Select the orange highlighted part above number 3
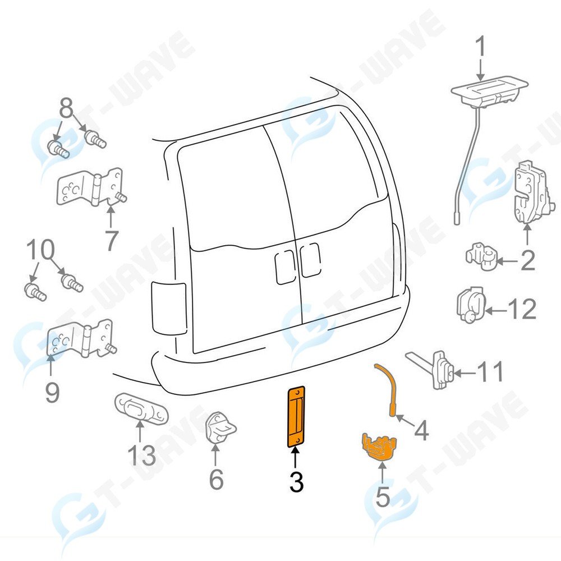pyautogui.click(x=296, y=417)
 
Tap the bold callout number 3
pyautogui.click(x=296, y=482)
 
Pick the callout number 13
pyautogui.click(x=140, y=455)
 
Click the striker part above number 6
pyautogui.click(x=219, y=429)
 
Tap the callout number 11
pyautogui.click(x=490, y=372)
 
